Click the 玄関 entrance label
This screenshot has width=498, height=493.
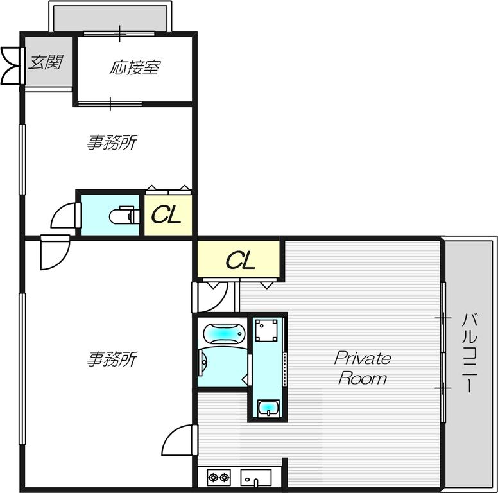pyautogui.click(x=46, y=62)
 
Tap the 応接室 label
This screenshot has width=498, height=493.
pyautogui.click(x=135, y=67)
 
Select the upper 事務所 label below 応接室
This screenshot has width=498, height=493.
pyautogui.click(x=112, y=143)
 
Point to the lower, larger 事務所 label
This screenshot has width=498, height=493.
pyautogui.click(x=112, y=359)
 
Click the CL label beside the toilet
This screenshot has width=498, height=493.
pyautogui.click(x=166, y=215)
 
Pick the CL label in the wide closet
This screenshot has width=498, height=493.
pyautogui.click(x=241, y=260)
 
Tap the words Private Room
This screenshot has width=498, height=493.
pyautogui.click(x=363, y=368)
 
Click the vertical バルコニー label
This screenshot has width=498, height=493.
pyautogui.click(x=469, y=352)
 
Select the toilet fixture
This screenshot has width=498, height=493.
pyautogui.click(x=125, y=215)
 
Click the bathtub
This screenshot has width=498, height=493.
pyautogui.click(x=224, y=334)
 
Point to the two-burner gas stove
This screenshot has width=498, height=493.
pyautogui.click(x=219, y=477)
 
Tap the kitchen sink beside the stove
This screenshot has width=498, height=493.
pyautogui.click(x=256, y=478)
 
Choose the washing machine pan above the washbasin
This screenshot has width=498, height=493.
pyautogui.click(x=266, y=331)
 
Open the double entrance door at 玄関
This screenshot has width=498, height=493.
pyautogui.click(x=13, y=66)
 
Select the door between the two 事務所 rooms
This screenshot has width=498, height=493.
pyautogui.click(x=55, y=252)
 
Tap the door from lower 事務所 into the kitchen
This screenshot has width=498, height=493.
pyautogui.click(x=180, y=440)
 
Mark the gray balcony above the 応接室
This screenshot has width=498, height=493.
pyautogui.click(x=110, y=19)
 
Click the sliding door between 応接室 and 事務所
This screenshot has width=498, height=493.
pyautogui.click(x=110, y=104)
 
